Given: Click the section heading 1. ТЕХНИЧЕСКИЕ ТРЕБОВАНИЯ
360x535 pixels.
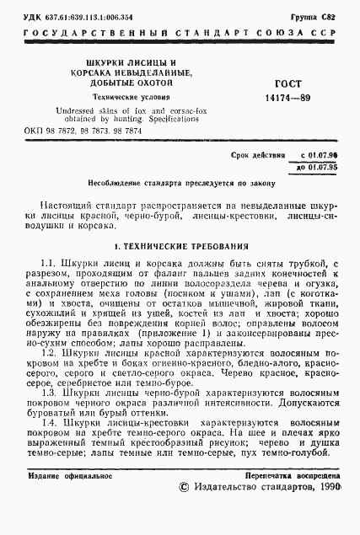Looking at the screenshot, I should pyautogui.click(x=180, y=247).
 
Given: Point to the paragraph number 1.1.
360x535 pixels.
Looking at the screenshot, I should pyautogui.click(x=49, y=264).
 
